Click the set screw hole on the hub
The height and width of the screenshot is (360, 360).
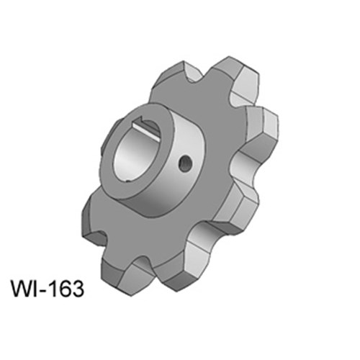(186, 163)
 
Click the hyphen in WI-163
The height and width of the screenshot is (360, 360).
(45, 291)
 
